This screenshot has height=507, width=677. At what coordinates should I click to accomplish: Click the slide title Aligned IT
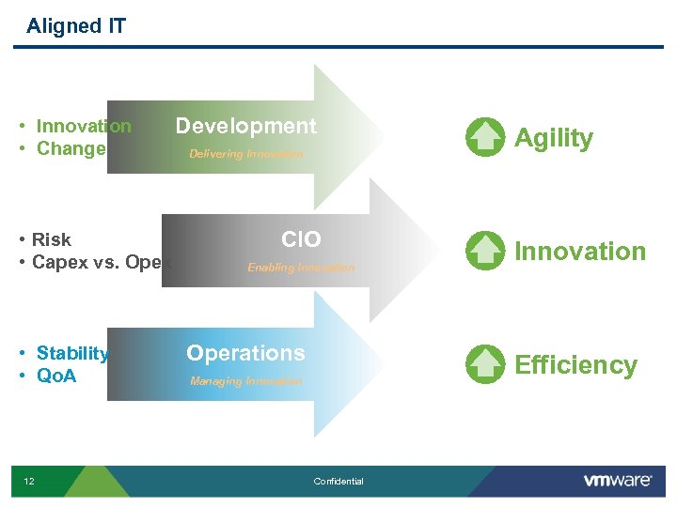point(76,26)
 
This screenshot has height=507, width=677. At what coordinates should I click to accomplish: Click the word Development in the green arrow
point(246,126)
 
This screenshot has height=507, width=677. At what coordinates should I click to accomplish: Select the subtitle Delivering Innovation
point(246,154)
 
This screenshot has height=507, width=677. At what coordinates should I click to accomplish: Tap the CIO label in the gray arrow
point(301,240)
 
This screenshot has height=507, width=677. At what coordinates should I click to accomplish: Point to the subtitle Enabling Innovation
point(301,268)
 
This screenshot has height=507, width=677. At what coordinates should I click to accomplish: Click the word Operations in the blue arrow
point(245,353)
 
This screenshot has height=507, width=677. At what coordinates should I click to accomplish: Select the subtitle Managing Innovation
point(246,381)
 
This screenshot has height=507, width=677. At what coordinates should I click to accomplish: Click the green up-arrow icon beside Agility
point(485,137)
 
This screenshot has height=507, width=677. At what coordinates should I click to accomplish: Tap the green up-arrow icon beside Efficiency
point(485,364)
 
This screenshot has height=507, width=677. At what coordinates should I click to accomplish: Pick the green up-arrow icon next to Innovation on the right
point(485,251)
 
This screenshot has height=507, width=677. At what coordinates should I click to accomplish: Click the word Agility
point(554,138)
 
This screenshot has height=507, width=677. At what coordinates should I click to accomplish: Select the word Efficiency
point(575,365)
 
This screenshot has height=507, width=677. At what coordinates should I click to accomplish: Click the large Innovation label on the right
point(580,252)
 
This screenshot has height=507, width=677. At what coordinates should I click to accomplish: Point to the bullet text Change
point(71,149)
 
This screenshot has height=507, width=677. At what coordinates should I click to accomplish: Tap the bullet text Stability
point(72,354)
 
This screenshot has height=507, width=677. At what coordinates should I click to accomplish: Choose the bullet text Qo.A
point(55,376)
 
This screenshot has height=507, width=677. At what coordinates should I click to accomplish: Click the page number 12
point(29,482)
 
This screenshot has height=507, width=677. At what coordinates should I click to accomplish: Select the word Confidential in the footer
point(338,482)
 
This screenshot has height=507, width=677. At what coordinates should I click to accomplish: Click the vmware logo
point(618,481)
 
